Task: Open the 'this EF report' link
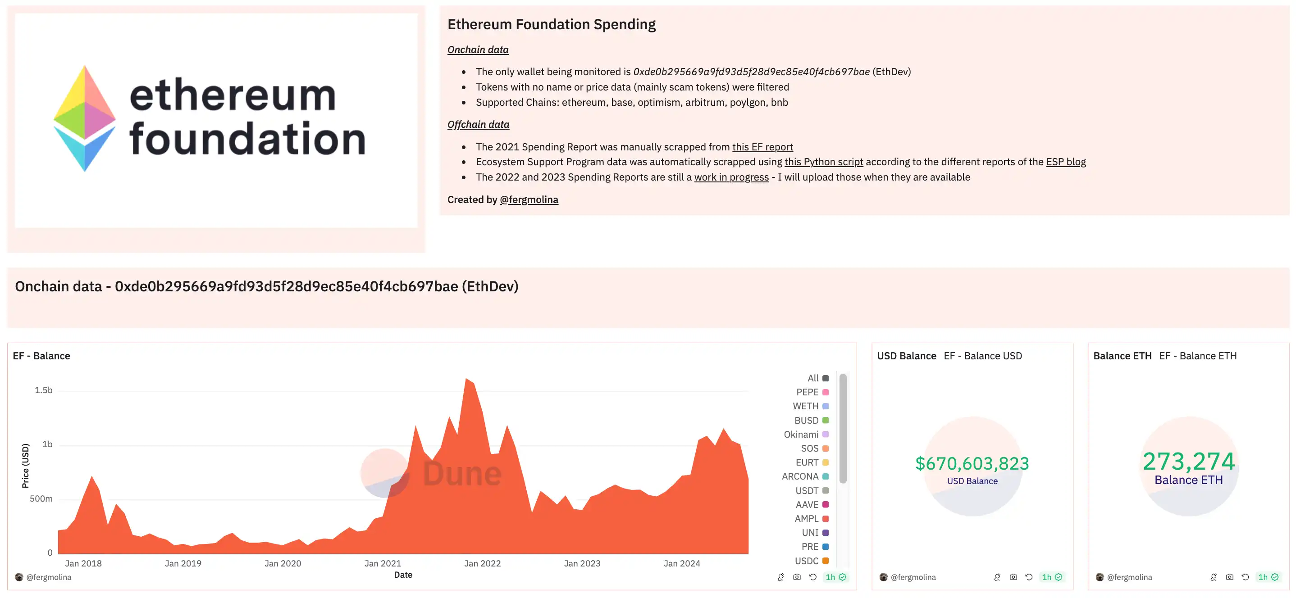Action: pos(762,147)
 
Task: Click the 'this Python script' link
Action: pos(824,162)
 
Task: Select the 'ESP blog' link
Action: pos(1066,162)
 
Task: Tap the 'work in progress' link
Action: pos(731,177)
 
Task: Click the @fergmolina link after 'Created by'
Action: pos(529,199)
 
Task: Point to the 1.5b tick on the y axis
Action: pos(44,390)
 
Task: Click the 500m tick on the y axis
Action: pos(41,499)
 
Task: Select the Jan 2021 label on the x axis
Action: pos(383,563)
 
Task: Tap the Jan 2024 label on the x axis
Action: pos(682,563)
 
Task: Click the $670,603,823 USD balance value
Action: pos(972,463)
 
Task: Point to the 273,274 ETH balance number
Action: pos(1188,461)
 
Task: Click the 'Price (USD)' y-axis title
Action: pos(26,466)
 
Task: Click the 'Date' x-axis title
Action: pos(403,575)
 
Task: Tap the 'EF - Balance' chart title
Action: pos(42,356)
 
